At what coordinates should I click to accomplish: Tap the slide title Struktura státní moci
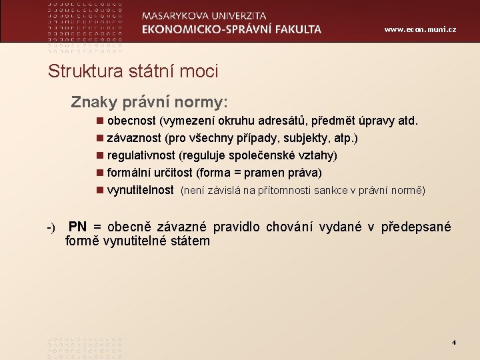tap(133, 71)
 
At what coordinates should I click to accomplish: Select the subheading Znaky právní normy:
tap(149, 102)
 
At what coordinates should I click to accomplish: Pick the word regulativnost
tap(141, 156)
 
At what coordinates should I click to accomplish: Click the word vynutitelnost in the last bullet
tap(141, 190)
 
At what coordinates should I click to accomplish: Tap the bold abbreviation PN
tap(77, 227)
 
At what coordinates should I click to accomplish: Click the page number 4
tap(453, 343)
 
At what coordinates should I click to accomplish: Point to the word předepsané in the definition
tap(416, 227)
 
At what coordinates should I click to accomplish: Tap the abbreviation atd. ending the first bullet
tap(407, 121)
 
